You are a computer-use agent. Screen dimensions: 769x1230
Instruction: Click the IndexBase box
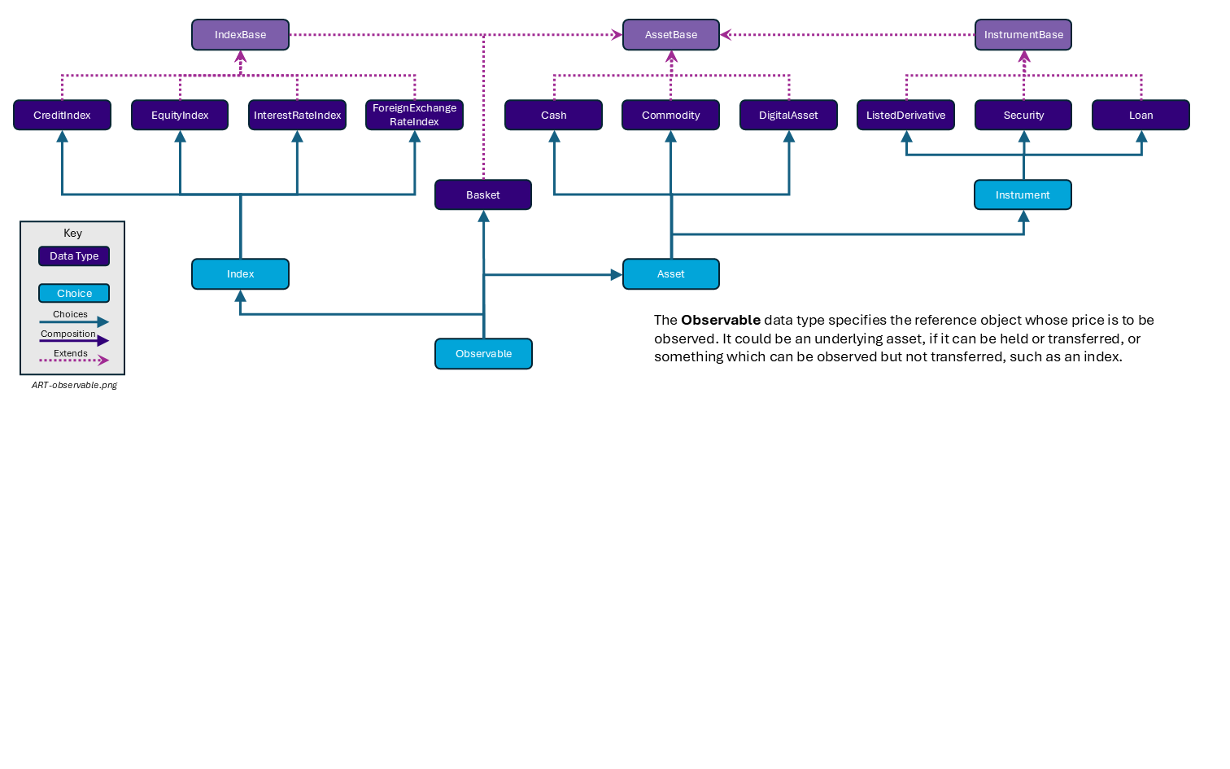[240, 35]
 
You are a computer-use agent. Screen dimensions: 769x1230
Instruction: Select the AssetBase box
[670, 35]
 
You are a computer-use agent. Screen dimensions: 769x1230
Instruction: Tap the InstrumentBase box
[1023, 35]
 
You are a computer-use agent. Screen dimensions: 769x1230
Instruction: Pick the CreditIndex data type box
[62, 115]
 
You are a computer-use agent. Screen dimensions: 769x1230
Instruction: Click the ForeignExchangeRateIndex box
[414, 115]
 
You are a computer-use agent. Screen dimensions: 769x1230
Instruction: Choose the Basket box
[482, 194]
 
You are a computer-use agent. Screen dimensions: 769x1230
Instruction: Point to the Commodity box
[670, 115]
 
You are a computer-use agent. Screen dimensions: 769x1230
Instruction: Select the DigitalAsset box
[787, 115]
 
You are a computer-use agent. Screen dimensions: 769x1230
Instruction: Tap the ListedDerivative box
[905, 115]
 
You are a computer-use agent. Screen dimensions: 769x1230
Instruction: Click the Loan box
[1141, 115]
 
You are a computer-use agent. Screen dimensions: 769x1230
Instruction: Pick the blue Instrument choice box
[1023, 194]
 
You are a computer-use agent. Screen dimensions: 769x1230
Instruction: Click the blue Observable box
[483, 353]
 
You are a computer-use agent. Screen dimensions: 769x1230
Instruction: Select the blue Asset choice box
[670, 273]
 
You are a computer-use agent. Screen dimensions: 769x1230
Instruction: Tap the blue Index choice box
[240, 273]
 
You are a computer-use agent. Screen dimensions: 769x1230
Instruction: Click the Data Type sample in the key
[74, 256]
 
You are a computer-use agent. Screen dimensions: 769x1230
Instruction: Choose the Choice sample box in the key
[74, 293]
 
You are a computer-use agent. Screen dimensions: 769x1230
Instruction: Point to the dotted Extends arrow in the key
[73, 360]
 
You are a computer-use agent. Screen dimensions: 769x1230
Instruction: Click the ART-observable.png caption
[74, 385]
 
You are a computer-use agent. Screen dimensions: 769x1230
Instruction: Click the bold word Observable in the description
[720, 320]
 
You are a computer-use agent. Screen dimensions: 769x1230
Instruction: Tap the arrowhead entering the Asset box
[617, 275]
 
